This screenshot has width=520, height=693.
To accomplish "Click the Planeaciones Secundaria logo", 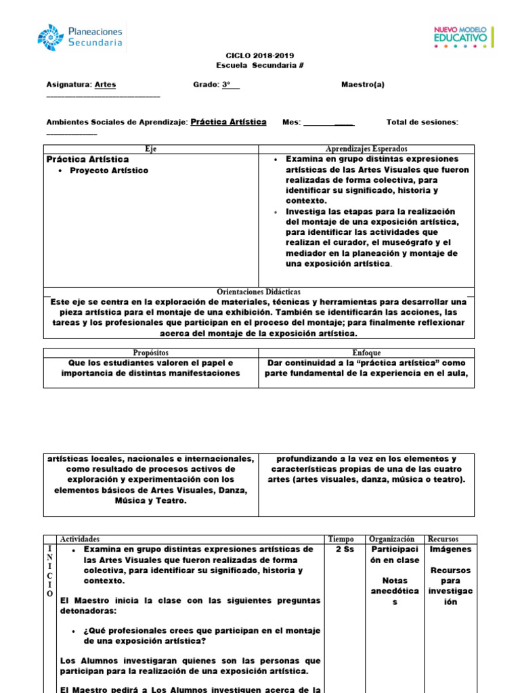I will tap(81, 37).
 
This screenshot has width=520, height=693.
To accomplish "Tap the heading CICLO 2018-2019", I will tap(259, 55).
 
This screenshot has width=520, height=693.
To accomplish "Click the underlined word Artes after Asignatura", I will tap(105, 85).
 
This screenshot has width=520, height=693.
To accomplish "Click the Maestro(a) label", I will tap(363, 85).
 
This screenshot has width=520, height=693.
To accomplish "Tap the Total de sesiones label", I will tap(422, 122).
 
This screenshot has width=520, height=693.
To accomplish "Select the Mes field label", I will tap(291, 122).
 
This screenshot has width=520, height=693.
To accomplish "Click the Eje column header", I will tap(151, 149).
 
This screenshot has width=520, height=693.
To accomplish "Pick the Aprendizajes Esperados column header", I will tap(366, 149).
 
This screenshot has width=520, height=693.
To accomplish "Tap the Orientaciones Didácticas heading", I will tap(259, 292).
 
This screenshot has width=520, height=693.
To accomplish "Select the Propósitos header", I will tap(151, 353).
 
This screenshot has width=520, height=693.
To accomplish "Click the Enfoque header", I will tap(366, 353).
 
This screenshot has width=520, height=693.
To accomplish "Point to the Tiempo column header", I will tap(341, 539).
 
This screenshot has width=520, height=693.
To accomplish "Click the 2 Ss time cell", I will tap(345, 550).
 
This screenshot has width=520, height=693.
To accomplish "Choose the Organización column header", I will tap(395, 539).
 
